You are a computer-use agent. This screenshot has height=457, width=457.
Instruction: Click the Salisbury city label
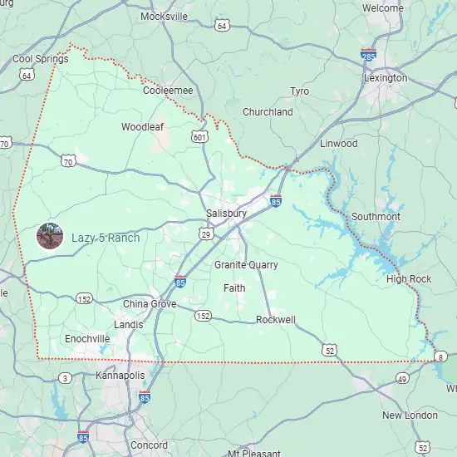pyautogui.click(x=226, y=214)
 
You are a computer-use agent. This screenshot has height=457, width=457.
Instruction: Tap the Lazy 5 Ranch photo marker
pyautogui.click(x=50, y=236)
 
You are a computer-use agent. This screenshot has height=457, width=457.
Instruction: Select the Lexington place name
pyautogui.click(x=386, y=78)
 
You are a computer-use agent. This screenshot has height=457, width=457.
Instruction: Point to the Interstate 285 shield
pyautogui.click(x=368, y=55)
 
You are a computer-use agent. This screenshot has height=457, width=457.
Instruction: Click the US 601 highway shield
pyautogui.click(x=199, y=136)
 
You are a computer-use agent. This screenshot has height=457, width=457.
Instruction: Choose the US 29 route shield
pyautogui.click(x=205, y=235)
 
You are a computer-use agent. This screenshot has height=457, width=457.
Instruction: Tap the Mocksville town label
pyautogui.click(x=165, y=17)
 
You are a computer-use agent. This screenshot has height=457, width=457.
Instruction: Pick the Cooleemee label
pyautogui.click(x=168, y=91)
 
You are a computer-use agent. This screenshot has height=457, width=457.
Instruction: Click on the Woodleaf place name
pyautogui.click(x=142, y=127)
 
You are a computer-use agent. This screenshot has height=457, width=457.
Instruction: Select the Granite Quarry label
pyautogui.click(x=246, y=265)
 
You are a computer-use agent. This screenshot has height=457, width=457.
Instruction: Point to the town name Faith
pyautogui.click(x=234, y=288)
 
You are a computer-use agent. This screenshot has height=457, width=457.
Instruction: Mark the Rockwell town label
pyautogui.click(x=276, y=320)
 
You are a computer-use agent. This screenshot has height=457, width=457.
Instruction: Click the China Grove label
pyautogui.click(x=150, y=304)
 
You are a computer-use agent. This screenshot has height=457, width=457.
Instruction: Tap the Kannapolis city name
pyautogui.click(x=120, y=376)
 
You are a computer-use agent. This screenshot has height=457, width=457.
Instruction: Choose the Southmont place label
pyautogui.click(x=376, y=217)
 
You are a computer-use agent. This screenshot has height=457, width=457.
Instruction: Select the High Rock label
pyautogui.click(x=409, y=279)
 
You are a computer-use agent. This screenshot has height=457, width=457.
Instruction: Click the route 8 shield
pyautogui.click(x=440, y=356)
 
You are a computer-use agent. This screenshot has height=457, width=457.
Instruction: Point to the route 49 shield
pyautogui.click(x=402, y=379)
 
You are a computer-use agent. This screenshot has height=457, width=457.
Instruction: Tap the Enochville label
pyautogui.click(x=87, y=339)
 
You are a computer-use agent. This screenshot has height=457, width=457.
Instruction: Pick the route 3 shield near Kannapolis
pyautogui.click(x=66, y=379)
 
